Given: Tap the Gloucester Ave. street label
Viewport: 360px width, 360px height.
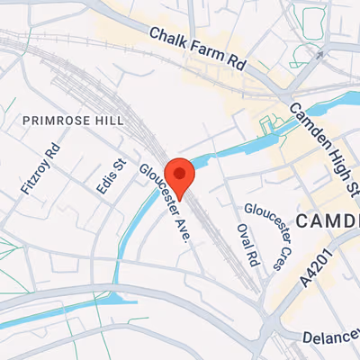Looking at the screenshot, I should click(162, 204).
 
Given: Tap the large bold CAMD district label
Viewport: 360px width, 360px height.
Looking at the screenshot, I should click(328, 220).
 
